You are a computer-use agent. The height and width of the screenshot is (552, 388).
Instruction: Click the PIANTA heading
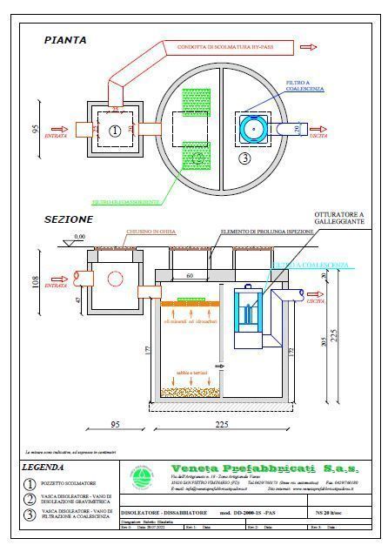tap(64, 40)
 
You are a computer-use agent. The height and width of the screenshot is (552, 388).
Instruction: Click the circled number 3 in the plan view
tap(244, 158)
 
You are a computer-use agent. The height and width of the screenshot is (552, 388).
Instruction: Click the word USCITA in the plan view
tap(343, 135)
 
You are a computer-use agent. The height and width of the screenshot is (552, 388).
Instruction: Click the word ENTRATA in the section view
tap(57, 285)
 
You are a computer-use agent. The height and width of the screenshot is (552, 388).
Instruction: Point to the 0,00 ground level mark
tap(80, 237)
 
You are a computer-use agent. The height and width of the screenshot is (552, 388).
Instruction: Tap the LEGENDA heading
tap(49, 467)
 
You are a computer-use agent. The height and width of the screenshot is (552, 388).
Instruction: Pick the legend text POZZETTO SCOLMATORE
tap(70, 482)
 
